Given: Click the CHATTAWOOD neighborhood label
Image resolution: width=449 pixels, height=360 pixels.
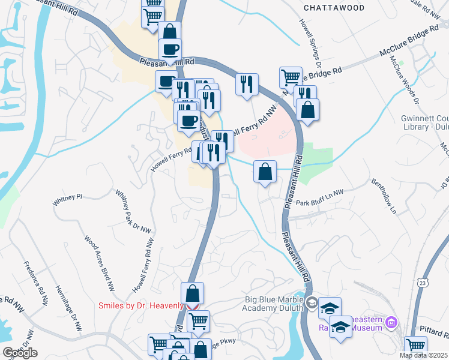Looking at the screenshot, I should point(334,8).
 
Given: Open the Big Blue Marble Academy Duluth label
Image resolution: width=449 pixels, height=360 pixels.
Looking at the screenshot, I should point(274,304).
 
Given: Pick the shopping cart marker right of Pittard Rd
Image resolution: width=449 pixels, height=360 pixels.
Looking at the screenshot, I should point(415,346).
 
